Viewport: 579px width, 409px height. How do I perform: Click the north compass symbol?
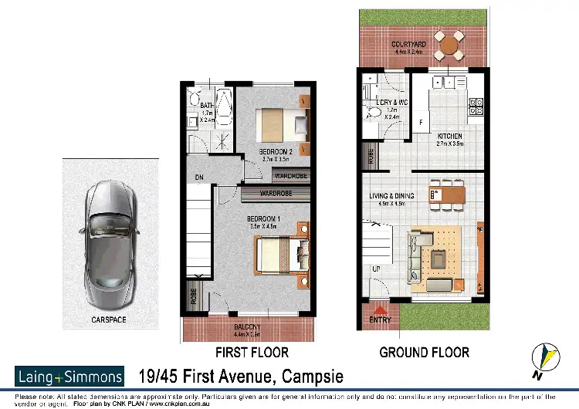(x=545, y=357)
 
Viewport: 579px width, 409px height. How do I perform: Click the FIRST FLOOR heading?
(x=252, y=353)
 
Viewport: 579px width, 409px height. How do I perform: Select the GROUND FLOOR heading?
(x=424, y=353)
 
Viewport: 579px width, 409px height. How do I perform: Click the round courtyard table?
(x=448, y=46)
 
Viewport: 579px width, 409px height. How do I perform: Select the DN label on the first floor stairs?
(x=199, y=177)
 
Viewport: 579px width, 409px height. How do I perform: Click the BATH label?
(x=207, y=106)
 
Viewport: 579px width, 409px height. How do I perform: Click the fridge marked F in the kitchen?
(x=421, y=123)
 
